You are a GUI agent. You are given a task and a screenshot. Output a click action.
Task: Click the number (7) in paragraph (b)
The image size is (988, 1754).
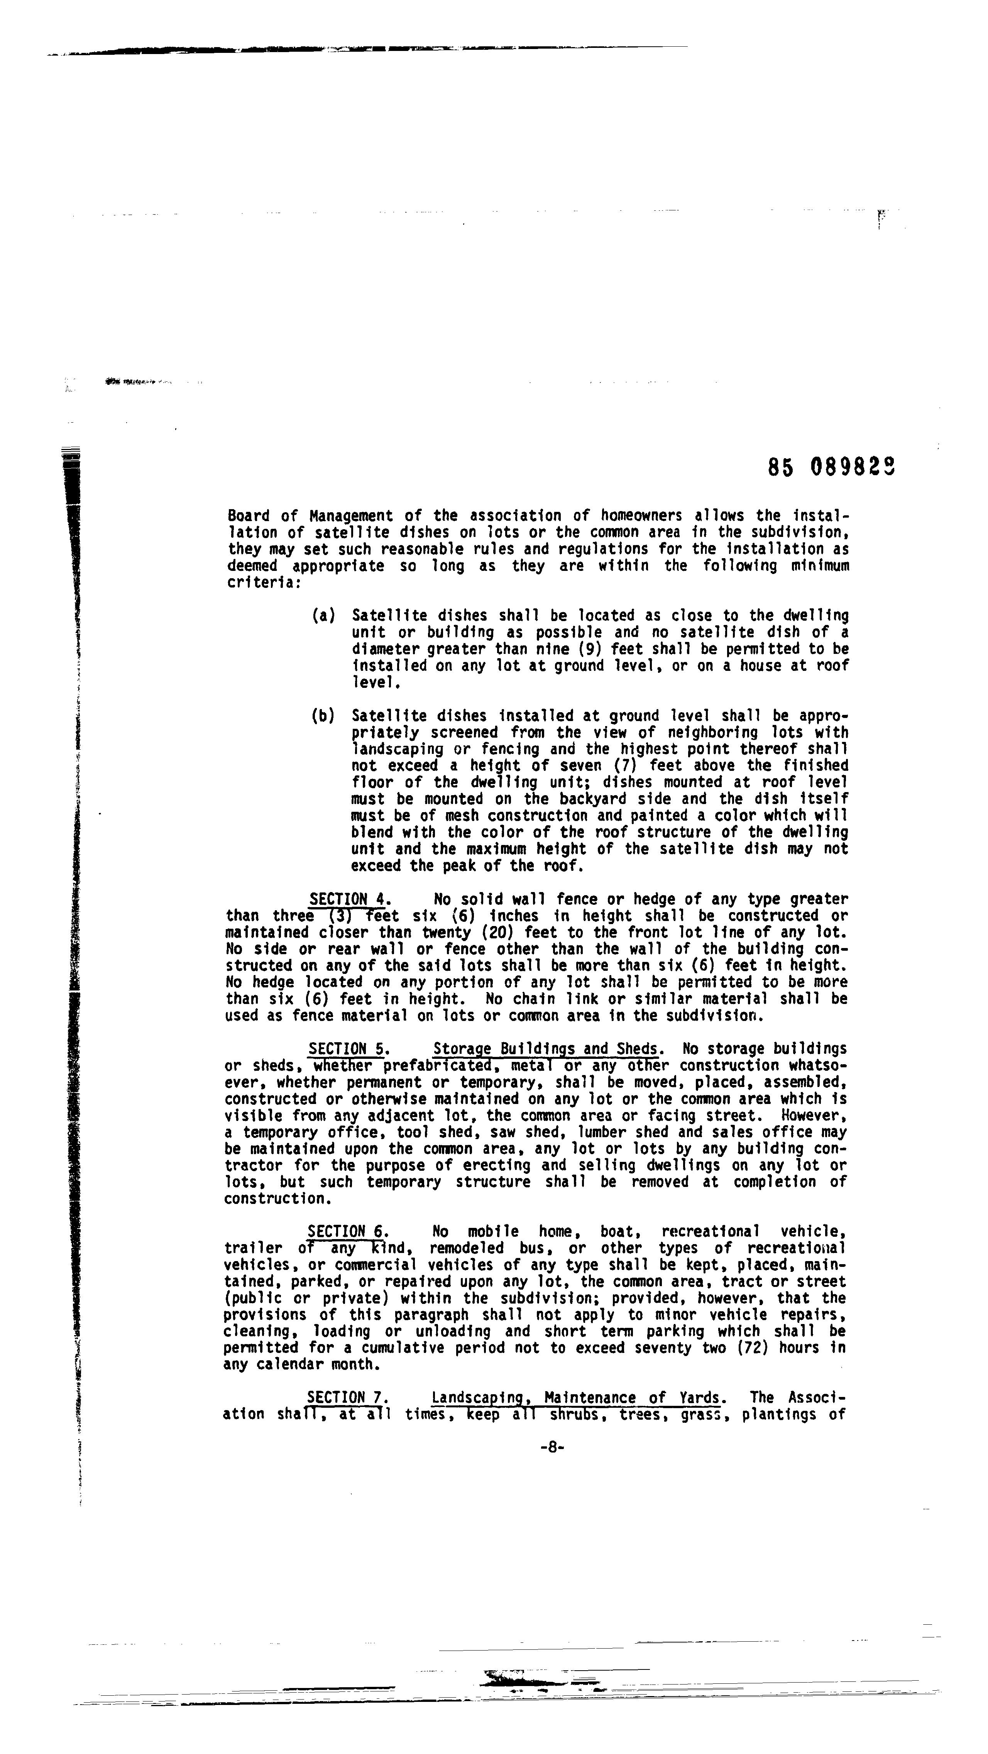(x=625, y=766)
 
